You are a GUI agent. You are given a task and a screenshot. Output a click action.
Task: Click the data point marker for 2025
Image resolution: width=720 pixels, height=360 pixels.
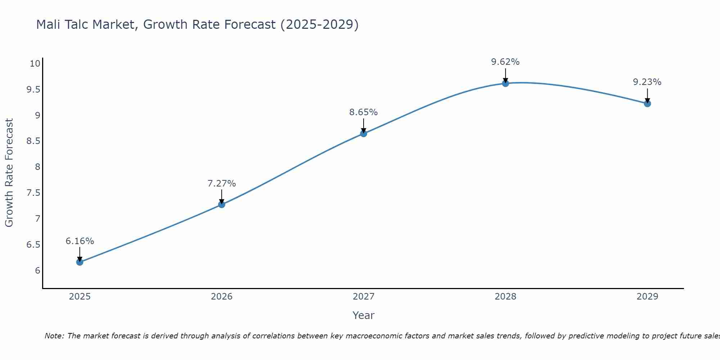(80, 262)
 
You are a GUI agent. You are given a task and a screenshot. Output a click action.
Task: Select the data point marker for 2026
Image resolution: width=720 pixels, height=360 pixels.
(222, 204)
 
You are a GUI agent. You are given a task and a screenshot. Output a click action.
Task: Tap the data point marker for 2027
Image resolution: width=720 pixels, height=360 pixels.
(364, 134)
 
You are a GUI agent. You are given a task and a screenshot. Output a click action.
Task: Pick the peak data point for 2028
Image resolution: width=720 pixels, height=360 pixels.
(505, 84)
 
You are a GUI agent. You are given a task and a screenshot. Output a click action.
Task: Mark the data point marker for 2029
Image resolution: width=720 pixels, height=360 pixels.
(647, 104)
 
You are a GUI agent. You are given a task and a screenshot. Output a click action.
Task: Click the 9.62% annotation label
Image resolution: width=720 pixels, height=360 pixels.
(505, 62)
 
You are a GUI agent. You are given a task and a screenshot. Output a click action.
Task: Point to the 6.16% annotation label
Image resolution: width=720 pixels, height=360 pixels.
(80, 241)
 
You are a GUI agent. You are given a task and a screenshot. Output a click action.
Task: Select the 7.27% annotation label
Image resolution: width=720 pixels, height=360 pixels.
(222, 184)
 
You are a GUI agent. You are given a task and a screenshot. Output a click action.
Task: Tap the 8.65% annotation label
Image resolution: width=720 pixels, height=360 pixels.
(364, 112)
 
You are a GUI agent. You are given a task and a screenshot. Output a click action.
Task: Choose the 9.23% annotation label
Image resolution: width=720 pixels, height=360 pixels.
(647, 82)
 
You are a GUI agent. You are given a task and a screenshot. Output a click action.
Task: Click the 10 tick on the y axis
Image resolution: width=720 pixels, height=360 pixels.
(35, 64)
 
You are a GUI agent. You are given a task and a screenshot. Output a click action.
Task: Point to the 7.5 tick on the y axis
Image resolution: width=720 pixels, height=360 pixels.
(33, 193)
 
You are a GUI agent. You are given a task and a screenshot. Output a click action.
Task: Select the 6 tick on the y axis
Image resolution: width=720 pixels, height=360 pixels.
(37, 271)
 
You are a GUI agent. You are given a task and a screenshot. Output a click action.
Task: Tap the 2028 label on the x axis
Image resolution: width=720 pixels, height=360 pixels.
(505, 297)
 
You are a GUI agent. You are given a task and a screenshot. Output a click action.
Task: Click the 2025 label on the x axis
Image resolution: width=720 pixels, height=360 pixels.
(80, 297)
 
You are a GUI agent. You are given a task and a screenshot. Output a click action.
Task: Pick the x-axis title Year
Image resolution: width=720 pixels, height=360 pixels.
(364, 315)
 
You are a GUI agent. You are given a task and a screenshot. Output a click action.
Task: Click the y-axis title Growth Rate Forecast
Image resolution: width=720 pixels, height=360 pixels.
(9, 173)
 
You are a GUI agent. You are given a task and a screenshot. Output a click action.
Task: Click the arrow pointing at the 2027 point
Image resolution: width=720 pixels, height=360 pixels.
(364, 126)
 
